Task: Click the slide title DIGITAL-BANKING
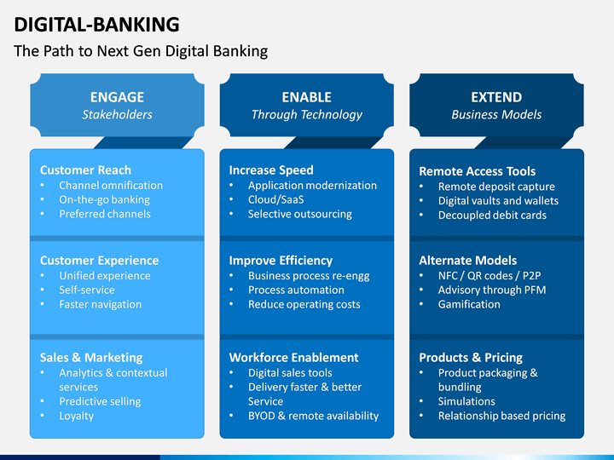[x=96, y=25]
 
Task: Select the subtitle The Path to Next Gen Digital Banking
[x=141, y=51]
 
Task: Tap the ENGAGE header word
[x=117, y=97]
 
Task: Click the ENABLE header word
[x=307, y=97]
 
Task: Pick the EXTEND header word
[x=496, y=97]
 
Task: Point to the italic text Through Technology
[x=307, y=115]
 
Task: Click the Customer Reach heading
[x=85, y=170]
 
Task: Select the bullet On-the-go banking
[x=105, y=200]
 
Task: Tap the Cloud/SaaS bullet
[x=276, y=199]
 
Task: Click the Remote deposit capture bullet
[x=496, y=187]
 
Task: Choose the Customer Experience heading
[x=100, y=261]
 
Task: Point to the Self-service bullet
[x=87, y=290]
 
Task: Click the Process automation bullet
[x=296, y=290]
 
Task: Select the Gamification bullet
[x=469, y=304]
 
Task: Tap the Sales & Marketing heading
[x=91, y=358]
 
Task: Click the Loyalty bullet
[x=77, y=416]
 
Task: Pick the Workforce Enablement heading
[x=293, y=358]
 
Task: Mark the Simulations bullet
[x=466, y=401]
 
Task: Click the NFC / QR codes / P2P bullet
[x=489, y=276]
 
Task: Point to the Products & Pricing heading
[x=471, y=358]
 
